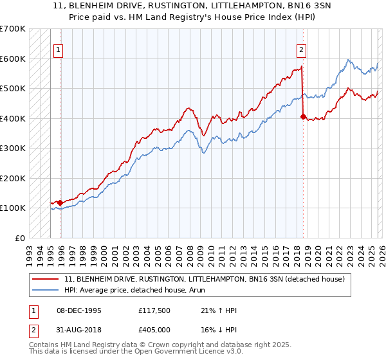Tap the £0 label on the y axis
19,238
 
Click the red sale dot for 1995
60,203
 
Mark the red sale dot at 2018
303,117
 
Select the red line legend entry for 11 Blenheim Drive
205,279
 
